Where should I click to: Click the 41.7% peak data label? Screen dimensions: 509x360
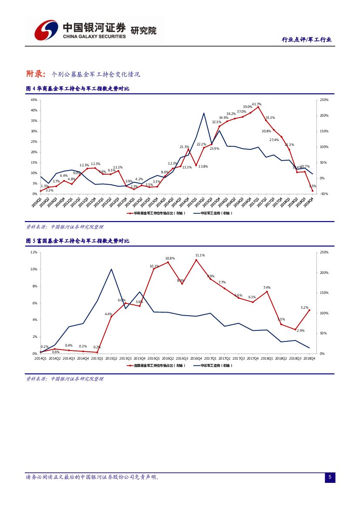pos(256,104)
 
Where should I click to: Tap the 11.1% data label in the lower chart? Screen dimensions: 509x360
pos(200,255)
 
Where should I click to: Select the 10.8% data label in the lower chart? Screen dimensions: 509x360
pos(170,258)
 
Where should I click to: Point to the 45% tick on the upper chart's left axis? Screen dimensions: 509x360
pos(34,100)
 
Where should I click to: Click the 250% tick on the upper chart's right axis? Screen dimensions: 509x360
pos(324,100)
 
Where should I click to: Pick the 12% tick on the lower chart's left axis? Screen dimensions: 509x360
pos(34,252)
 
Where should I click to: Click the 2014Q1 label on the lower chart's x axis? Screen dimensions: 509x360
pos(40,358)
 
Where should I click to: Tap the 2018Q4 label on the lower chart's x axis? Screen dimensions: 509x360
pos(309,358)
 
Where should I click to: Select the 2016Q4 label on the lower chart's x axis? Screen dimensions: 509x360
pos(196,358)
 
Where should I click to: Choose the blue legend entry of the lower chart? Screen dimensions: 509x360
pos(213,365)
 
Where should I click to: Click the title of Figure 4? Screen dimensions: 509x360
pos(77,89)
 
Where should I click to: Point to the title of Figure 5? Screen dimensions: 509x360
pos(77,241)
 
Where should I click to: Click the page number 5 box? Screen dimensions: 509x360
pos(330,478)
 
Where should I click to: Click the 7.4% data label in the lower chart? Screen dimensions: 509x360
pos(267,287)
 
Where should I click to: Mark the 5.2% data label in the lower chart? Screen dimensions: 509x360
pos(304,307)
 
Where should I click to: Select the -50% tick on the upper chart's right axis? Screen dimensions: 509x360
pos(323,194)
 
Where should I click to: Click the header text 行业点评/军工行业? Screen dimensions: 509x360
pos(306,40)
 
